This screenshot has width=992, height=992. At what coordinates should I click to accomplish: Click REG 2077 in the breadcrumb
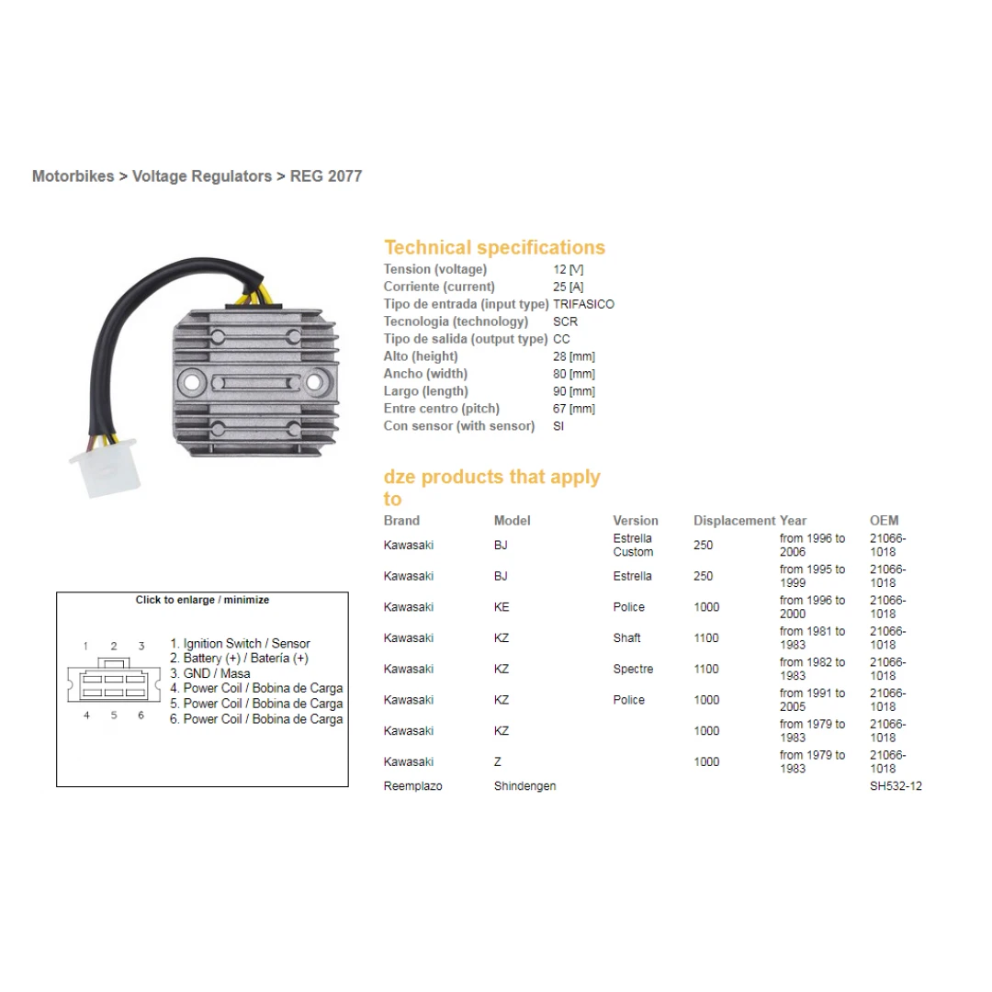pos(326,175)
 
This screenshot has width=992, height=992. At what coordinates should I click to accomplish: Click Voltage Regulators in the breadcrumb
pos(202,175)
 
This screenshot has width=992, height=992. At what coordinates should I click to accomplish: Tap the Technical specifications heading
pos(494,247)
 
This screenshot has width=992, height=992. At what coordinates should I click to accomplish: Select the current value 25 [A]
pos(569,287)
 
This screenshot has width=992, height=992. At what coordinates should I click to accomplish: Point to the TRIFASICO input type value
pos(583,304)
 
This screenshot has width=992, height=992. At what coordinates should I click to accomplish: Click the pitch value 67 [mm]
pos(574,409)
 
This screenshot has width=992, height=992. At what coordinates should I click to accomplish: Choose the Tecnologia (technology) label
pos(456,321)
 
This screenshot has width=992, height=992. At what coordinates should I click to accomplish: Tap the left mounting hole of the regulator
pos(191,382)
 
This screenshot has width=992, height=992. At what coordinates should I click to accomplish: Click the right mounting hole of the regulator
pos(314,381)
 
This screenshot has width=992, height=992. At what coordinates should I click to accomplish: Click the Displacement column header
pos(735,521)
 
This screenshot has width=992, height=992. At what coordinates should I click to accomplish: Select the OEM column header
pos(884,521)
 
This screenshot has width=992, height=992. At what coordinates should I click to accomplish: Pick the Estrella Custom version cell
pos(633,545)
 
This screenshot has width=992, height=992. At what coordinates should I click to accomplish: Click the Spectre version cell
pos(633,669)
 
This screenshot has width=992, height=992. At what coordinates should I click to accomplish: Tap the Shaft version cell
pos(627,637)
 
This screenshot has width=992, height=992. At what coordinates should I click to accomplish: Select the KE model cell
pos(502,607)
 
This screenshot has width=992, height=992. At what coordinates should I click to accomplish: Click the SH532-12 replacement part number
pos(896,785)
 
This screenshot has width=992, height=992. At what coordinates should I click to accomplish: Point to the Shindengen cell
pos(525,785)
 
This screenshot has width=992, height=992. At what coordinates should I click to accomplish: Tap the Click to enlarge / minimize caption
pos(202,600)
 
